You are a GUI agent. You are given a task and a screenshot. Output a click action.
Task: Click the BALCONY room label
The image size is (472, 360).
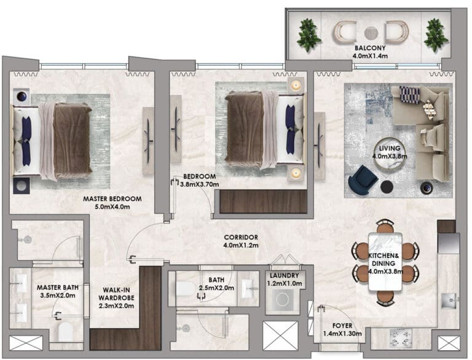[x=370, y=48]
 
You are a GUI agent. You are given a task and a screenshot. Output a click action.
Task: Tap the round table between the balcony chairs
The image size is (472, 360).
[x=371, y=33]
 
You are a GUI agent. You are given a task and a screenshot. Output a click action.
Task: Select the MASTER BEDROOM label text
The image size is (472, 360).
[x=112, y=199]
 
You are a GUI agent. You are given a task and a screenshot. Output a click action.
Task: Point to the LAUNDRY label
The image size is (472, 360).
[x=284, y=275]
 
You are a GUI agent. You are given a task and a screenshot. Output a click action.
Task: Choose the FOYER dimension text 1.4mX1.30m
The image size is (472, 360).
[x=342, y=334]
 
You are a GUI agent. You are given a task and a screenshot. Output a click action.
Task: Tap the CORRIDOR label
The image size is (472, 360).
[x=241, y=238]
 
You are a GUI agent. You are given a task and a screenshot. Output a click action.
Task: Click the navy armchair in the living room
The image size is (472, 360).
[x=363, y=180]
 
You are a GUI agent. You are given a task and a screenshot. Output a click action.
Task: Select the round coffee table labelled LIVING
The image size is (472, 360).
[x=390, y=153]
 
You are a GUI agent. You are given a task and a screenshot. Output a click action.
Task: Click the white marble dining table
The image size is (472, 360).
[x=385, y=262]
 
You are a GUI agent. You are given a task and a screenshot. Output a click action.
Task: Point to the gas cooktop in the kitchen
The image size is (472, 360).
[x=401, y=338]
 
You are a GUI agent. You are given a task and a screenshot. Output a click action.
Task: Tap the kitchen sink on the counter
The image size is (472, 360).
[x=449, y=300]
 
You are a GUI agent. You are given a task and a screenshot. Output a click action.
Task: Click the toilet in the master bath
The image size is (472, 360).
[x=65, y=331]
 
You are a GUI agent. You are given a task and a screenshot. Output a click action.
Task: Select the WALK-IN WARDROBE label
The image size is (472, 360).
[x=116, y=298]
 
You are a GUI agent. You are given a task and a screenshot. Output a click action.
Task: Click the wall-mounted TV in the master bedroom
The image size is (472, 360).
[x=148, y=141]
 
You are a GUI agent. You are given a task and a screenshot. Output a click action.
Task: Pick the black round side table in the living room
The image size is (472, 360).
[x=387, y=187]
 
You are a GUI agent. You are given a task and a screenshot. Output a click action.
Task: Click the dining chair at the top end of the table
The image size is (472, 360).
[x=385, y=226]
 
